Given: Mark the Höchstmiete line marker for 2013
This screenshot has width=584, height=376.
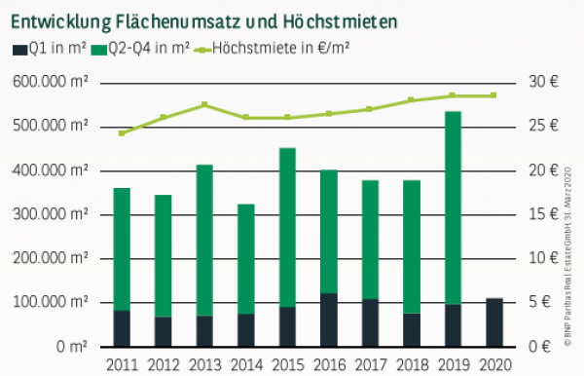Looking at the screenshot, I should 204,104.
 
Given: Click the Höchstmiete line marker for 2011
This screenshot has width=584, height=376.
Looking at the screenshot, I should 122,132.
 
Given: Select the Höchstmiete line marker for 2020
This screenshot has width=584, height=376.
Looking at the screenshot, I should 494,95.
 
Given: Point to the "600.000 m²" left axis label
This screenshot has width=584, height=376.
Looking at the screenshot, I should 55,82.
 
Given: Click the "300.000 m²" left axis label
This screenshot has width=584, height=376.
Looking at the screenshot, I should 55,214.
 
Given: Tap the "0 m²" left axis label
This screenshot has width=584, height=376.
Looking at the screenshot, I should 74,347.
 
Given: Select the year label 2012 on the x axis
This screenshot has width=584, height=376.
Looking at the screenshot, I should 164,364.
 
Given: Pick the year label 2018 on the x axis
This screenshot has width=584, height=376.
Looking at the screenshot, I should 412,364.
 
